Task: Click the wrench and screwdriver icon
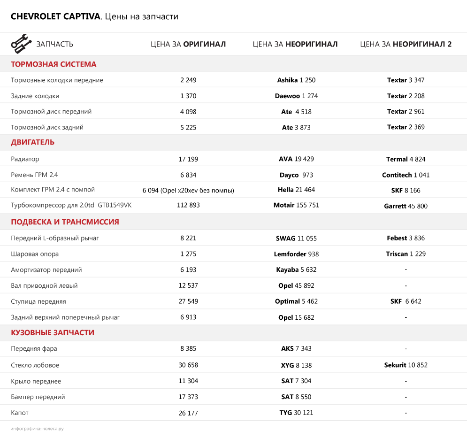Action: (x=21, y=44)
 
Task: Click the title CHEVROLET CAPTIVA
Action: (x=55, y=17)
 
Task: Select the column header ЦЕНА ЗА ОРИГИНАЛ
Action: (x=188, y=44)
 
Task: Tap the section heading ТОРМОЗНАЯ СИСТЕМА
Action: (x=54, y=64)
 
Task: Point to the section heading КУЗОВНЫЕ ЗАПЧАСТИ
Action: (x=53, y=333)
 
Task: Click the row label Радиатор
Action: (x=25, y=159)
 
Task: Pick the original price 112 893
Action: (x=188, y=205)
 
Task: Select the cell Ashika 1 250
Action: (x=296, y=80)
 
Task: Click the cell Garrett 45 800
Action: (x=406, y=206)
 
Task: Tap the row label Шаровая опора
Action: (x=35, y=254)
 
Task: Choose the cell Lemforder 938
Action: (x=296, y=254)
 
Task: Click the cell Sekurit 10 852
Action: (x=406, y=365)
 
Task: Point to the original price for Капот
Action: (x=188, y=413)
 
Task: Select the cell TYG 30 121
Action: (x=296, y=413)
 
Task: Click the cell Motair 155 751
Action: (x=296, y=205)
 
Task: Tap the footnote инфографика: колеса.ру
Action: (x=37, y=429)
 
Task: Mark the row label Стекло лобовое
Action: (x=35, y=365)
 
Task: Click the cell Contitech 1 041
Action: (x=406, y=175)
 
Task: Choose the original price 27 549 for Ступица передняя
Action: (x=188, y=301)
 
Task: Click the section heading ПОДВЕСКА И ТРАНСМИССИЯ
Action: (x=65, y=222)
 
